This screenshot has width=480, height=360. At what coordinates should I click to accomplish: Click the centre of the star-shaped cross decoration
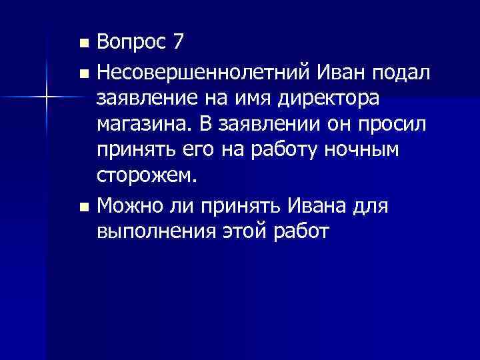point(47,98)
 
